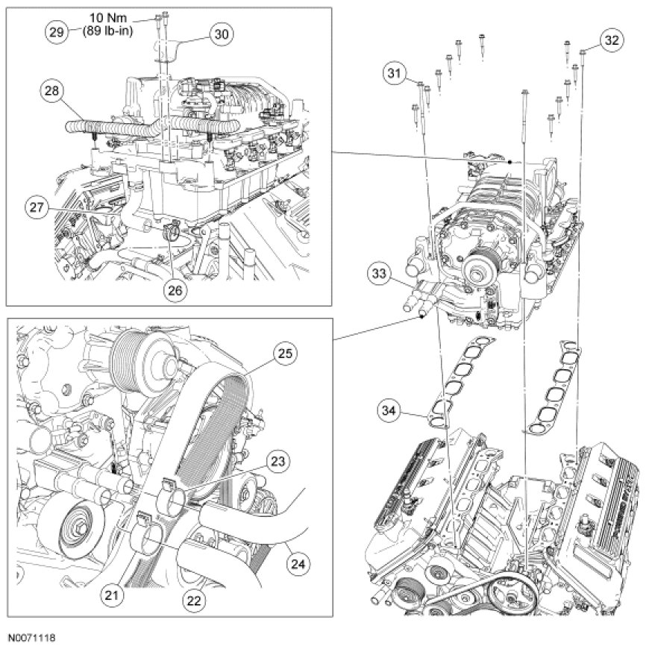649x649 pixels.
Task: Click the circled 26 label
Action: point(175,291)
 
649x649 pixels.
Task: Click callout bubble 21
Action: point(111,594)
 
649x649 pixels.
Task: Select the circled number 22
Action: point(191,598)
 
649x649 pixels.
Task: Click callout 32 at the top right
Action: point(612,41)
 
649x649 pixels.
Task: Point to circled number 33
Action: point(379,275)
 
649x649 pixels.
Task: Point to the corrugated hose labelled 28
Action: point(149,125)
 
